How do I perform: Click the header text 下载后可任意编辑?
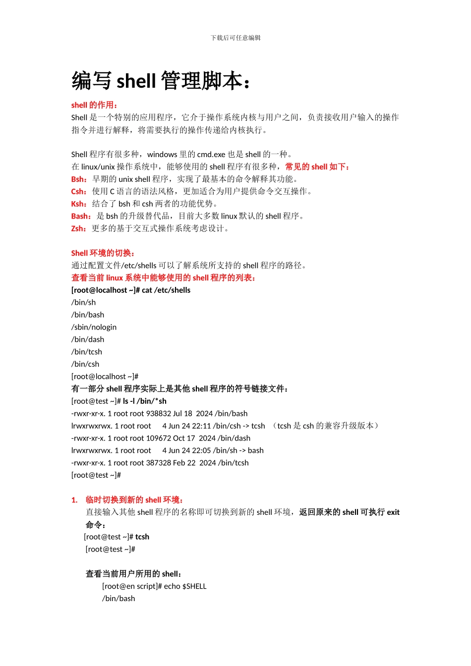click(x=235, y=38)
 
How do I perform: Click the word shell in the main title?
click(x=136, y=81)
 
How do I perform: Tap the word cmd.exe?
click(x=211, y=154)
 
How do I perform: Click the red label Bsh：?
click(x=79, y=179)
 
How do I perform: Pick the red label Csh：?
click(x=79, y=191)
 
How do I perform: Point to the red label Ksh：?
click(x=79, y=204)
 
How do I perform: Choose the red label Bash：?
click(x=81, y=216)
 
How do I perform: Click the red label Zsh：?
click(x=79, y=228)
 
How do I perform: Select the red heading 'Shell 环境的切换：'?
click(x=103, y=253)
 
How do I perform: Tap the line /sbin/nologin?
click(x=94, y=327)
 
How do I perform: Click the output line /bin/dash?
click(x=88, y=339)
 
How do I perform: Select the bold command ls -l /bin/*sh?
click(x=144, y=401)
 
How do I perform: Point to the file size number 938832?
click(x=159, y=414)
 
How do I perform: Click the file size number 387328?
click(x=159, y=463)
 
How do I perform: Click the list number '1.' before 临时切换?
click(x=74, y=500)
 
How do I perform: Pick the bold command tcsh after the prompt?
click(x=142, y=537)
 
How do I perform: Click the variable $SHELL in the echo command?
click(x=194, y=586)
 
